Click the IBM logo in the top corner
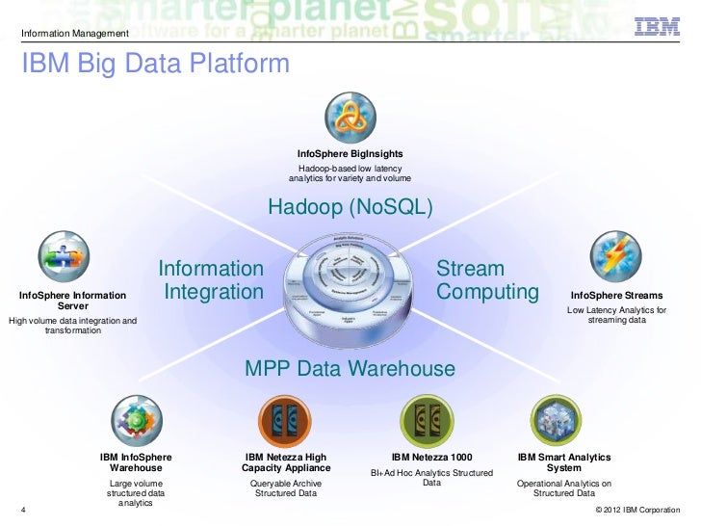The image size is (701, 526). point(658,27)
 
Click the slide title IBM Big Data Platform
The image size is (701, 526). point(154,65)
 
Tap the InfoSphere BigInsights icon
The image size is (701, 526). point(349,118)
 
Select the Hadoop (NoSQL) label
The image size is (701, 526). point(350,208)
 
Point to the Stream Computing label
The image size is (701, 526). point(486,279)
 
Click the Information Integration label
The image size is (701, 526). point(211,279)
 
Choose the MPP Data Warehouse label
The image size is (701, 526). point(350,368)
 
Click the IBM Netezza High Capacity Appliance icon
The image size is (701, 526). point(285,421)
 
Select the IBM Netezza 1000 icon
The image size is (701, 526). point(427,421)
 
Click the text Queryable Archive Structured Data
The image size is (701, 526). point(285,487)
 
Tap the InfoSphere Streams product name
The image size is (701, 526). point(616,295)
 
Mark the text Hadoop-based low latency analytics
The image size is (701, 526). point(350,173)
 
